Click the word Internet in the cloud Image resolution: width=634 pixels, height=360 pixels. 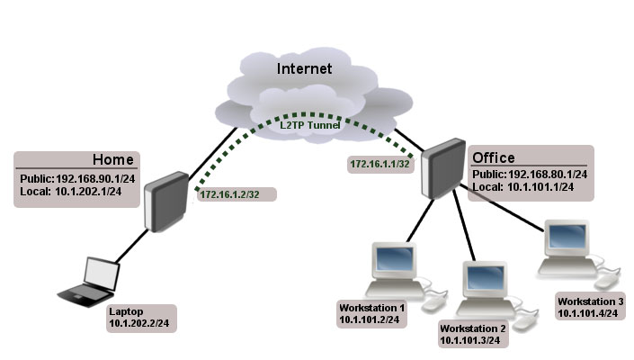(304, 68)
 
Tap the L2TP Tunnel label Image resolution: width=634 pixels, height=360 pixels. (311, 125)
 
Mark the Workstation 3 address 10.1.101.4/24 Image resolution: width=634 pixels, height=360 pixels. (589, 313)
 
